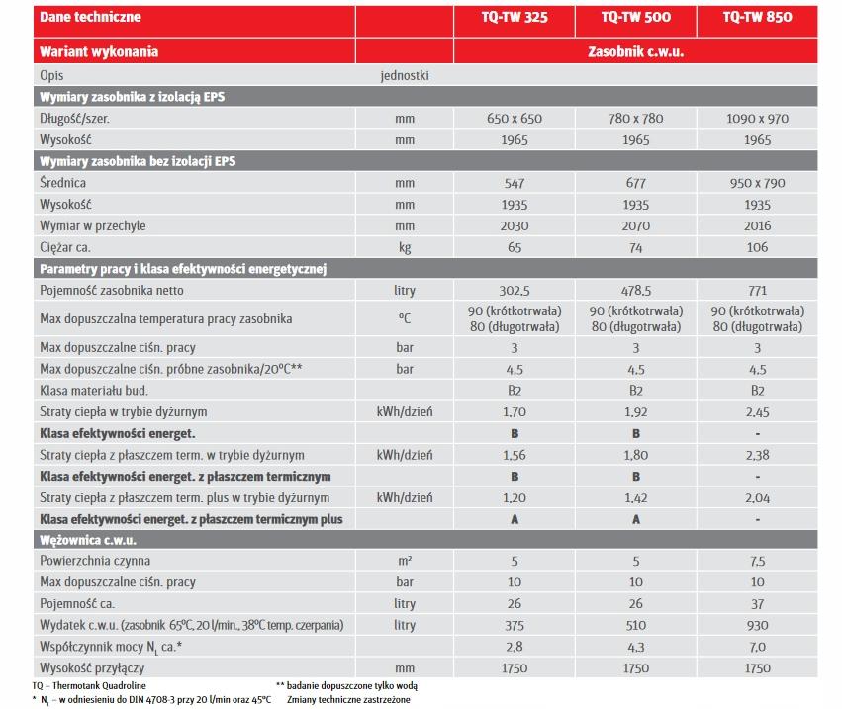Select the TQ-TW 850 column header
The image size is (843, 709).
click(757, 17)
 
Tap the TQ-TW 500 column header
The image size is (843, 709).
click(636, 17)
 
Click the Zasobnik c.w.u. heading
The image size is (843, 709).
click(636, 51)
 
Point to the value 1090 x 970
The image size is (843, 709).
click(757, 119)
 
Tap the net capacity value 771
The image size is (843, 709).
click(757, 291)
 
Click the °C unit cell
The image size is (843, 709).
click(404, 319)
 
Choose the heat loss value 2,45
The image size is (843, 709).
click(757, 411)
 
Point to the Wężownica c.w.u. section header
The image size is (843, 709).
click(88, 540)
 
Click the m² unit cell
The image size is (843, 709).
click(404, 562)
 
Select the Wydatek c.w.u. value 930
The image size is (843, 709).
click(757, 625)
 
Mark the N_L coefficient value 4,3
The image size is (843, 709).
click(636, 647)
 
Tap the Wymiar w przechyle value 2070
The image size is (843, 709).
click(636, 226)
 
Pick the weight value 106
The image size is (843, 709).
click(757, 248)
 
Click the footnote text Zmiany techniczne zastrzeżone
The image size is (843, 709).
click(348, 699)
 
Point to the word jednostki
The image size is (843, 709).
click(404, 75)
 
